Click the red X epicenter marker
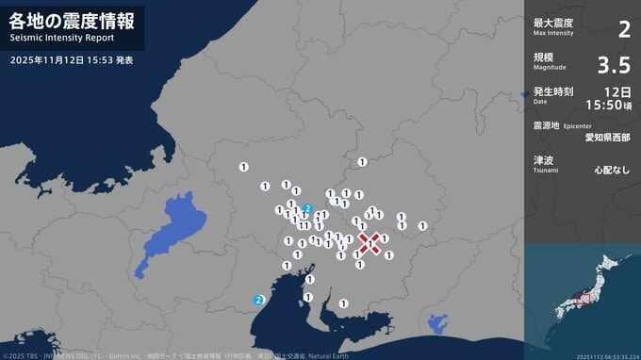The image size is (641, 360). click(370, 242)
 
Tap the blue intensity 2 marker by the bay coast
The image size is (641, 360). click(259, 301)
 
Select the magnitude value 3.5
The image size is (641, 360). click(614, 65)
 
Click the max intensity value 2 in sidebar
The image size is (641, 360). click(623, 29)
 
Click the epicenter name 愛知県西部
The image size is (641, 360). click(608, 138)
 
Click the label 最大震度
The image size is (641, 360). click(552, 22)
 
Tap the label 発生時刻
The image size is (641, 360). click(552, 91)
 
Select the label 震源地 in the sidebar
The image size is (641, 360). click(548, 124)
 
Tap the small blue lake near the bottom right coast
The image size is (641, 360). click(437, 323)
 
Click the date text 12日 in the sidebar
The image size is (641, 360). click(618, 91)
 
